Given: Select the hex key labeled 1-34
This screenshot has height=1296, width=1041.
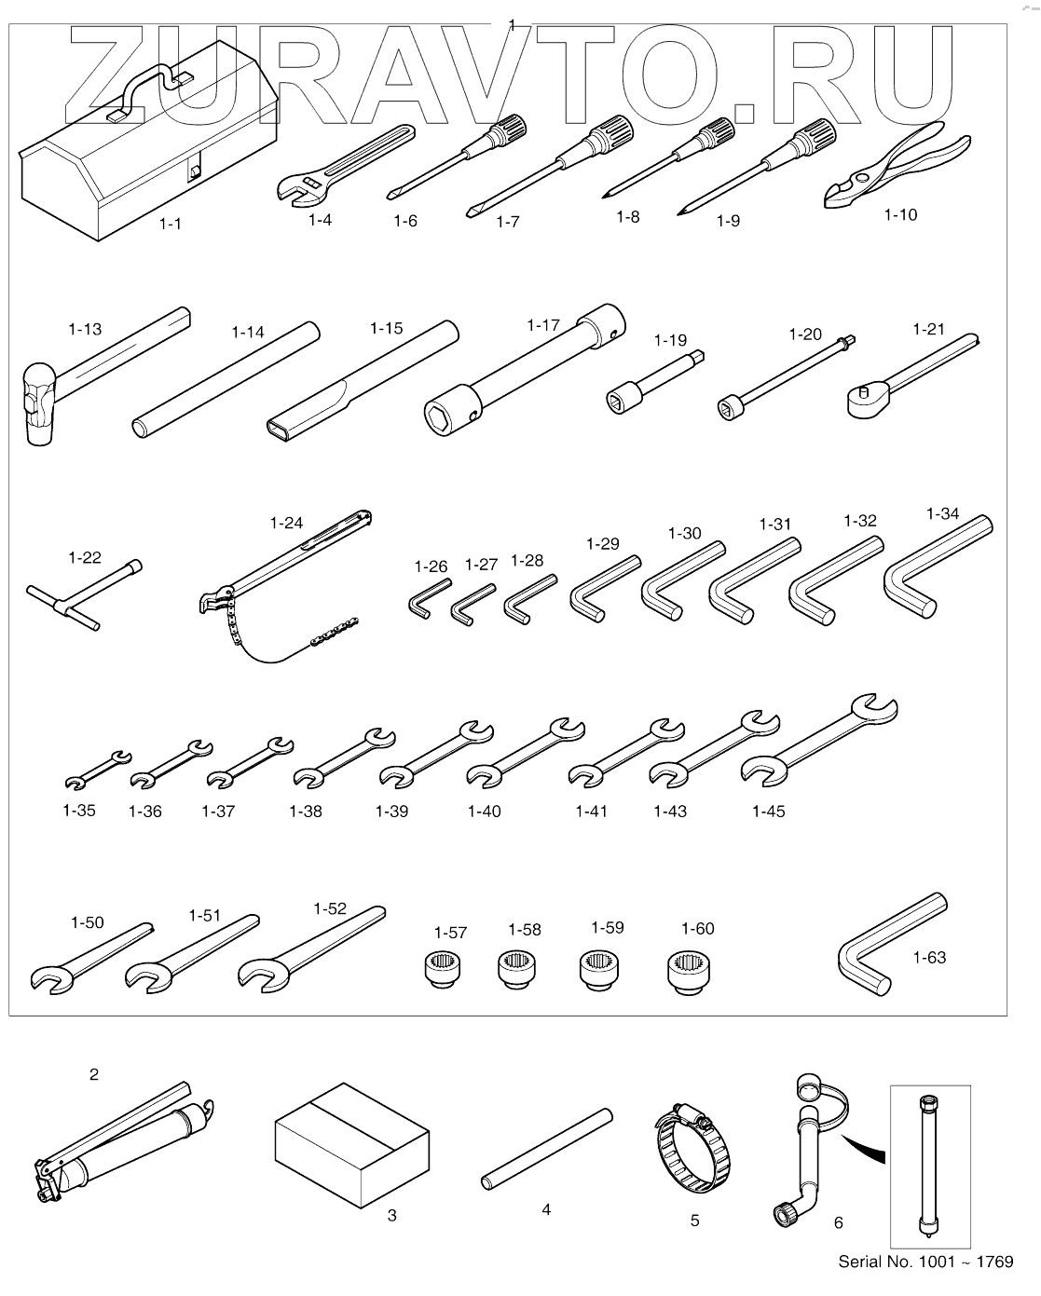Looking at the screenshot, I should (932, 568).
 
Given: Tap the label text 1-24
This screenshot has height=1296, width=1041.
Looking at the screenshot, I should (286, 523).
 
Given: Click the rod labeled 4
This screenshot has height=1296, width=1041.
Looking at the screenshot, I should (547, 1146).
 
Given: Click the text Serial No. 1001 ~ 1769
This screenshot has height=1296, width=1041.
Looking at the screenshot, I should (925, 1262).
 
